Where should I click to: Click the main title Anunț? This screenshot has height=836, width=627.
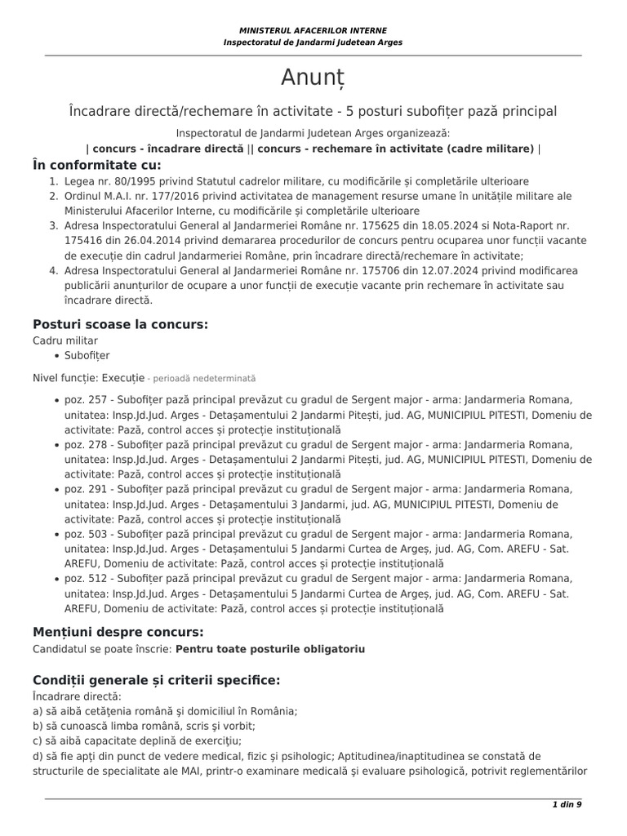pos(313,78)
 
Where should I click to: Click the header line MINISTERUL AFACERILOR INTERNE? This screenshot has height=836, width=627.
pos(313,30)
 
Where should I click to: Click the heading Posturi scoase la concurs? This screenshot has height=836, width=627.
pos(121,324)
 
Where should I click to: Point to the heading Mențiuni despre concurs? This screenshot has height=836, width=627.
pos(118,632)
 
